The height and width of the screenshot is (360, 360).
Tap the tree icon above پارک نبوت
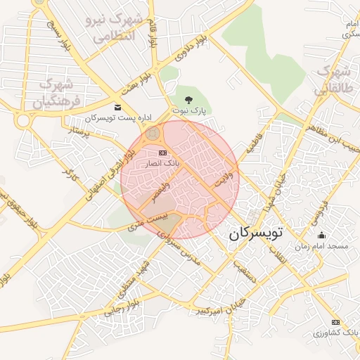tap(188, 99)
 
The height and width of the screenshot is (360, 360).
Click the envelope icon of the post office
tap(117, 107)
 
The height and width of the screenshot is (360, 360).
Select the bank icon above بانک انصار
tap(163, 153)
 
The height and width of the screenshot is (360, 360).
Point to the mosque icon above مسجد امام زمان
tap(322, 236)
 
